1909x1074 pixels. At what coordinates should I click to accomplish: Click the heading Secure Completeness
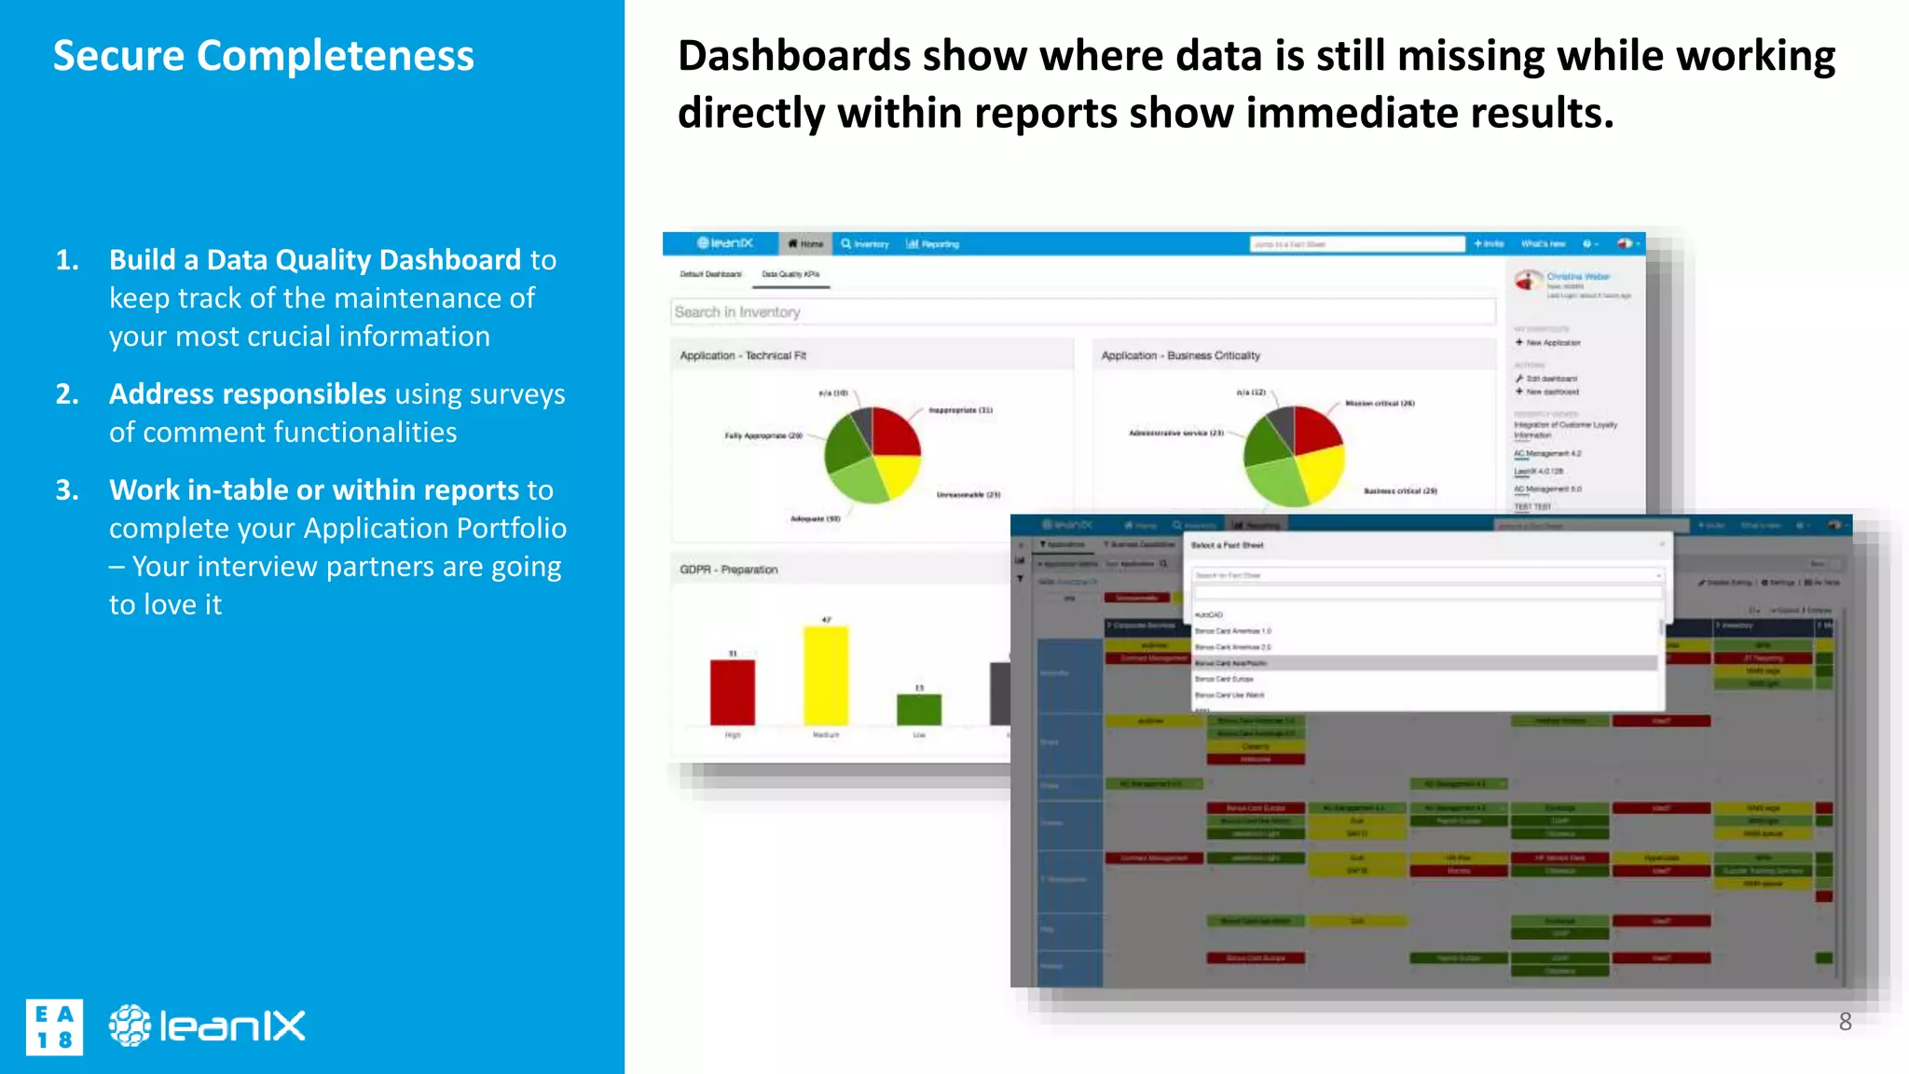click(x=263, y=56)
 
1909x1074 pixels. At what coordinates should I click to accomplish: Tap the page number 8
click(x=1845, y=1022)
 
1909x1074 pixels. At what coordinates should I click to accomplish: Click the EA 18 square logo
click(x=54, y=1026)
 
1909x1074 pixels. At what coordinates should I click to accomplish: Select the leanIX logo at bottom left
click(x=207, y=1026)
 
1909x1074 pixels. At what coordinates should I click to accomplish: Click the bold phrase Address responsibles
click(x=247, y=394)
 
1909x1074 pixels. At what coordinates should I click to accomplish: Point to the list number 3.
click(x=67, y=490)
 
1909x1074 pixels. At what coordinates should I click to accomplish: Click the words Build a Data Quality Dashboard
click(x=315, y=260)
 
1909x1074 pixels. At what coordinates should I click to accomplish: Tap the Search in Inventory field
click(x=1081, y=312)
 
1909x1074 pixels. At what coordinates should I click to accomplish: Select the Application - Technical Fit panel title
click(x=743, y=356)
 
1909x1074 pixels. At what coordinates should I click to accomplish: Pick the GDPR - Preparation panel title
click(x=728, y=570)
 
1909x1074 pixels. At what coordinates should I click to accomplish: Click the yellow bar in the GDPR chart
click(x=826, y=676)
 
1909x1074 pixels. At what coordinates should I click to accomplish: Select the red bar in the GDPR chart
click(x=733, y=692)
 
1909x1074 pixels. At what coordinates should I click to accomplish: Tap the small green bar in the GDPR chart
click(x=919, y=709)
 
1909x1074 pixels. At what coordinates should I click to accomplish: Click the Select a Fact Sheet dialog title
click(x=1227, y=545)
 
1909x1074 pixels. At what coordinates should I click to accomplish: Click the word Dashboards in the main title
click(x=793, y=56)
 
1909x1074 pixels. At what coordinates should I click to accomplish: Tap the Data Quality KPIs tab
click(x=790, y=275)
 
